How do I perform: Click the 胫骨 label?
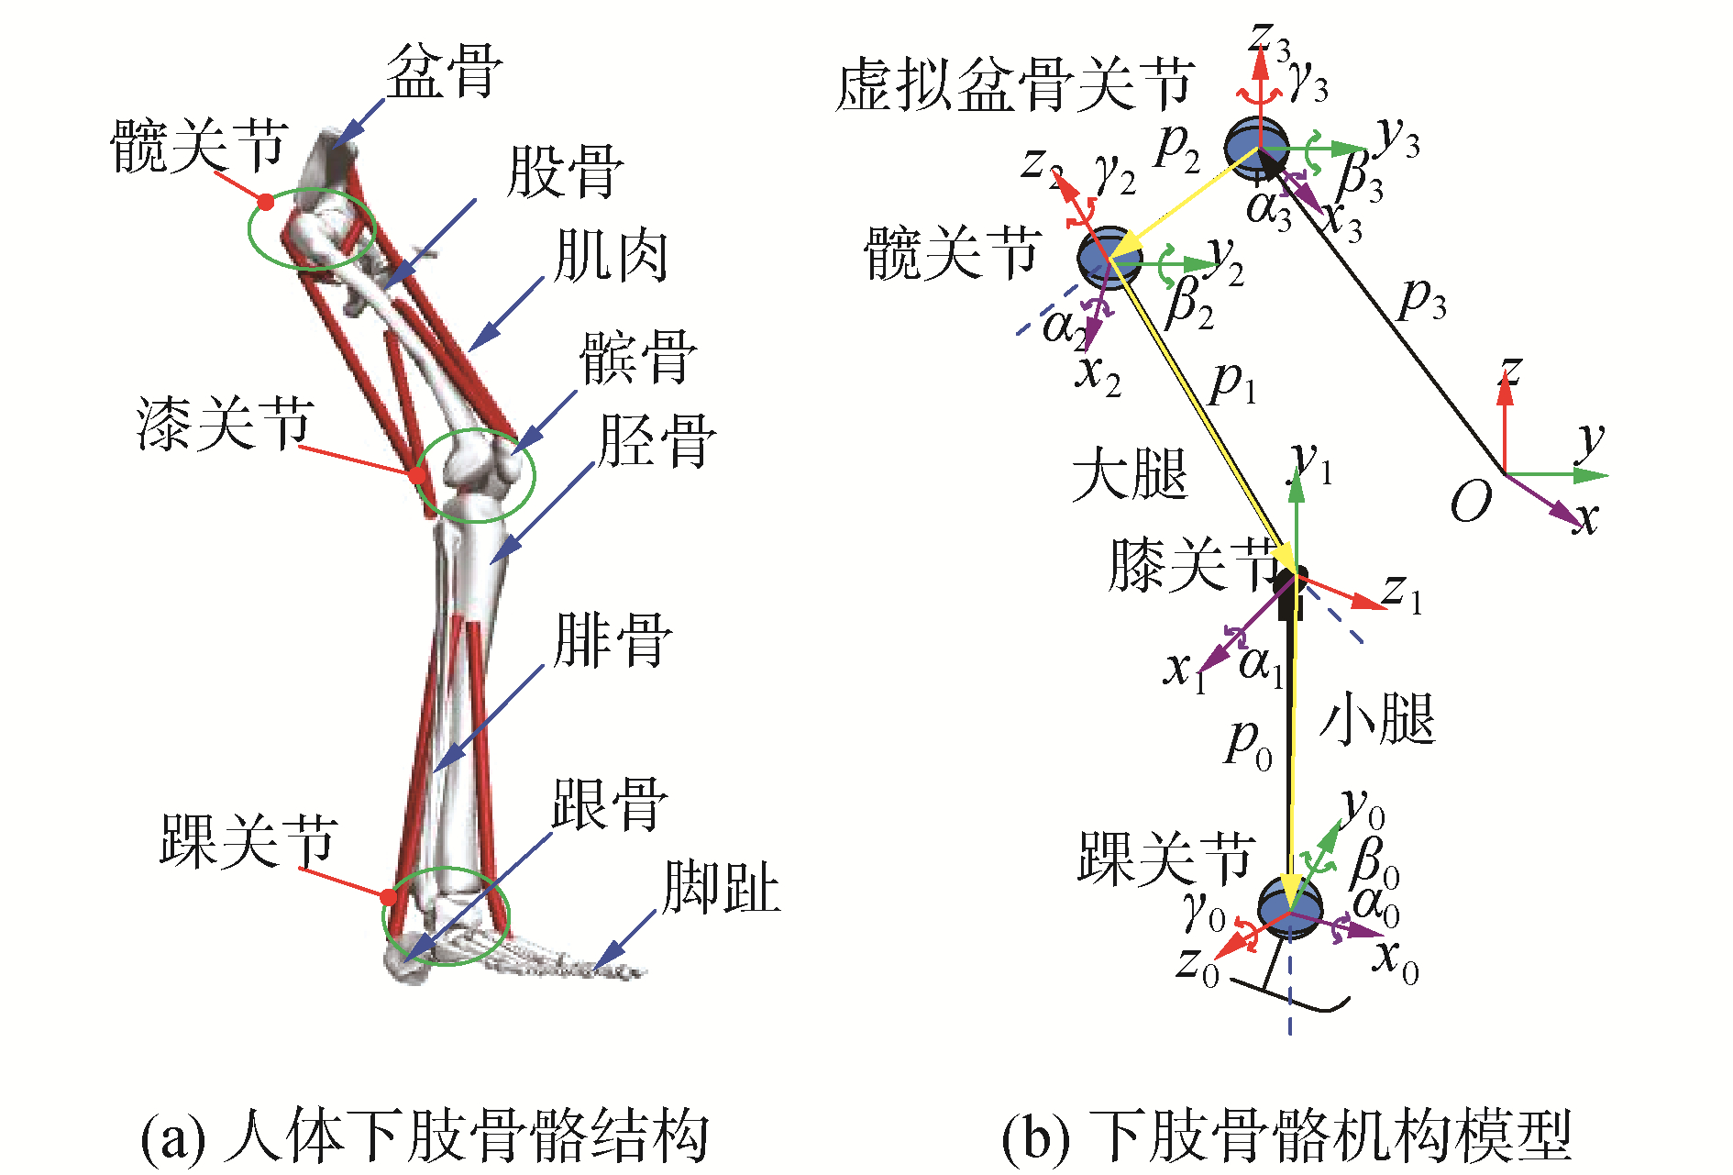657,441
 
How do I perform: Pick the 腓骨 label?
613,640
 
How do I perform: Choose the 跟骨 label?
610,804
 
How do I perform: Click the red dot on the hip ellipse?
266,202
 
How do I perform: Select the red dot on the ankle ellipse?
390,896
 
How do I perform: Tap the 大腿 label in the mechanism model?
1131,474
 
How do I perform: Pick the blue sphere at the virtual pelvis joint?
1257,145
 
